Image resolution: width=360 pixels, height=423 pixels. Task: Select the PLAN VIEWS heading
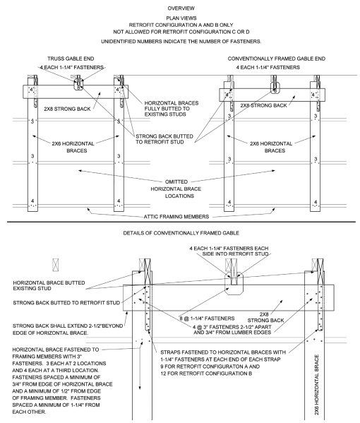(180, 18)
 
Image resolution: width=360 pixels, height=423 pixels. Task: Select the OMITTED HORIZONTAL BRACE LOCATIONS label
(179, 186)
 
